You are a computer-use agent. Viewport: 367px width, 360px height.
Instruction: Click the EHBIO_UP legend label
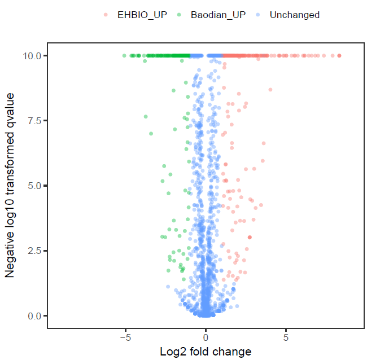(139, 15)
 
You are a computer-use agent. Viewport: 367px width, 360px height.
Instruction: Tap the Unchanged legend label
(295, 15)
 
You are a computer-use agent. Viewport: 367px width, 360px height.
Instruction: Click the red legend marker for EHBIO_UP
(106, 15)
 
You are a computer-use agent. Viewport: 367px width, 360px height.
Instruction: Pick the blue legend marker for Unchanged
(258, 15)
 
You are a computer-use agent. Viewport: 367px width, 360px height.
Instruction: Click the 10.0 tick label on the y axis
(31, 56)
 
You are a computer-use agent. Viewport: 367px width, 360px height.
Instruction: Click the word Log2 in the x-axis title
(172, 352)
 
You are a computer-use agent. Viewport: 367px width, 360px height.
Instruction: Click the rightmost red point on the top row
(339, 55)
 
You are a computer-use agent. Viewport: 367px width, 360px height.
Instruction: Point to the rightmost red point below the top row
(270, 90)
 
